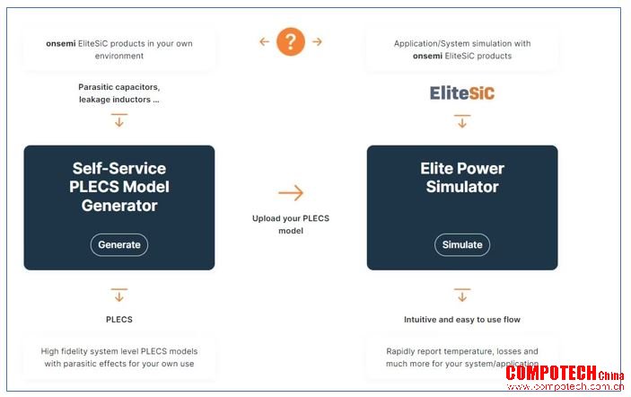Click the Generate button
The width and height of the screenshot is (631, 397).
119,245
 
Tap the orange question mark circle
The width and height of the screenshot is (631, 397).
291,41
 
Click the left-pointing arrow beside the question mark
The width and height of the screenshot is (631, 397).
264,41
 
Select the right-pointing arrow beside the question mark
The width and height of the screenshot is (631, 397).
317,41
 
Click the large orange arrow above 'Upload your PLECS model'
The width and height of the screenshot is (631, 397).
291,193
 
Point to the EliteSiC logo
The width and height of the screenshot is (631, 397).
462,93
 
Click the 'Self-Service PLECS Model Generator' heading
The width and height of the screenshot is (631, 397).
119,187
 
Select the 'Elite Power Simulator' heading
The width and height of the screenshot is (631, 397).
462,178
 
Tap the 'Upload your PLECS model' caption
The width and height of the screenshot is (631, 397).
291,225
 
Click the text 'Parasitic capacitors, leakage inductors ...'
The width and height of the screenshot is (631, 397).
119,93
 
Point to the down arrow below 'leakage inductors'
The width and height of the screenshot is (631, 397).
119,120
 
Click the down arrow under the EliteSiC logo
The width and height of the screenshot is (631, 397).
462,121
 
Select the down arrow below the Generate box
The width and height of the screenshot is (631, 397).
119,296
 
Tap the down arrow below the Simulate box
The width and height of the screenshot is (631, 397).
462,296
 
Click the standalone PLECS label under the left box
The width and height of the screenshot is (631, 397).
119,319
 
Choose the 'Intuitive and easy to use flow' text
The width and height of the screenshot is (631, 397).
462,319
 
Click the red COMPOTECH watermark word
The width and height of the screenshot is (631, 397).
551,374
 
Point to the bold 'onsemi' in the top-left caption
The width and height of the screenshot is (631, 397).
61,43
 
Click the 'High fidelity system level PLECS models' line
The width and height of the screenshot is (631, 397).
119,351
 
